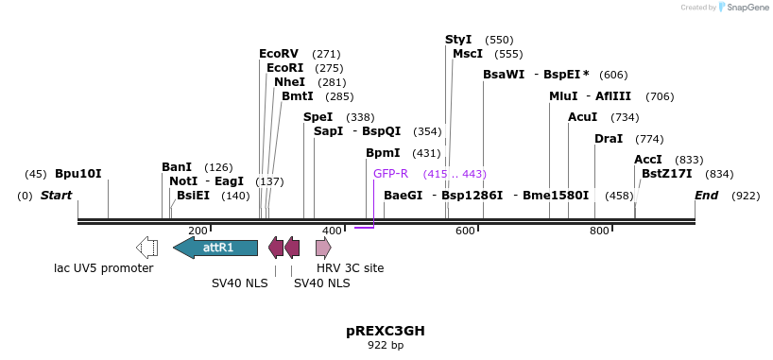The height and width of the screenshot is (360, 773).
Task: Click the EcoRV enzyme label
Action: click(278, 54)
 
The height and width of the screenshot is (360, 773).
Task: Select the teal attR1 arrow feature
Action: click(216, 248)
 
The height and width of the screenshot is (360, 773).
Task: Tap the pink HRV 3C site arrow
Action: click(323, 248)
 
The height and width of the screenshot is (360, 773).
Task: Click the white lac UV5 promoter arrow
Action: click(147, 248)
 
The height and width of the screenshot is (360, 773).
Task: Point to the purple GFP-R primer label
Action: click(390, 174)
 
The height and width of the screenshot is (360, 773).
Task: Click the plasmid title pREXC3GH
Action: click(386, 331)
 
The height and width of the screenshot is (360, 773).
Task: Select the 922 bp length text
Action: click(386, 346)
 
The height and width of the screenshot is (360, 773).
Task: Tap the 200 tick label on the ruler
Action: click(198, 231)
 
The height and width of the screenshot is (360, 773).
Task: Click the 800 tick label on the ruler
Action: click(599, 231)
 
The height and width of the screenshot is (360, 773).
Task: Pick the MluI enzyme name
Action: click(563, 96)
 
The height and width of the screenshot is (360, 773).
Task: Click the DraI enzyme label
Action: click(609, 139)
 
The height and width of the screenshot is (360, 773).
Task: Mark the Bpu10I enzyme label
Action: click(77, 174)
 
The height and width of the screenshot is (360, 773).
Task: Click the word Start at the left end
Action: click(56, 196)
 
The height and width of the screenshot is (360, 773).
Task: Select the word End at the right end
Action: click(706, 196)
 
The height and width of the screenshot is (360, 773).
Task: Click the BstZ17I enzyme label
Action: click(666, 174)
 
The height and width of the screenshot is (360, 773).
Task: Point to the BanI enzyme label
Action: click(177, 167)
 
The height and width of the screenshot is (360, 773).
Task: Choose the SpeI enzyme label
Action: click(318, 117)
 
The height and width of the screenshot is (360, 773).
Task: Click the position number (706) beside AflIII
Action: click(660, 96)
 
